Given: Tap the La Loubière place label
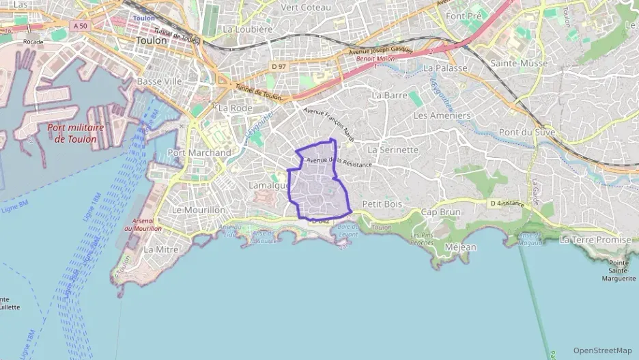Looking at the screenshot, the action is click(248, 29).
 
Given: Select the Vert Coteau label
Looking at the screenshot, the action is click(306, 8).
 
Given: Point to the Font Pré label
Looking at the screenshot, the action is click(464, 15).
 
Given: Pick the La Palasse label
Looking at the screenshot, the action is click(445, 68).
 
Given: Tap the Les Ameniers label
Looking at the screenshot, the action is click(442, 115).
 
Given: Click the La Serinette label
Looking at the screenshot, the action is click(393, 149).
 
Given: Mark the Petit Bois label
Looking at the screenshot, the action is click(382, 204).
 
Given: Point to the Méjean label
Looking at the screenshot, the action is click(460, 247).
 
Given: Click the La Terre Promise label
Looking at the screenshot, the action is click(595, 240).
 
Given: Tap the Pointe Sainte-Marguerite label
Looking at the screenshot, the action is click(619, 271).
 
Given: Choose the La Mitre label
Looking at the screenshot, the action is click(160, 250).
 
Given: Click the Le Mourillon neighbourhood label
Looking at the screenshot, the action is click(198, 210).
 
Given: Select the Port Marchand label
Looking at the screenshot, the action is click(199, 153).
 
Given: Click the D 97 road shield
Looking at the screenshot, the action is click(279, 66).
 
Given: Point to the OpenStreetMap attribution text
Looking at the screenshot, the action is click(602, 350).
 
